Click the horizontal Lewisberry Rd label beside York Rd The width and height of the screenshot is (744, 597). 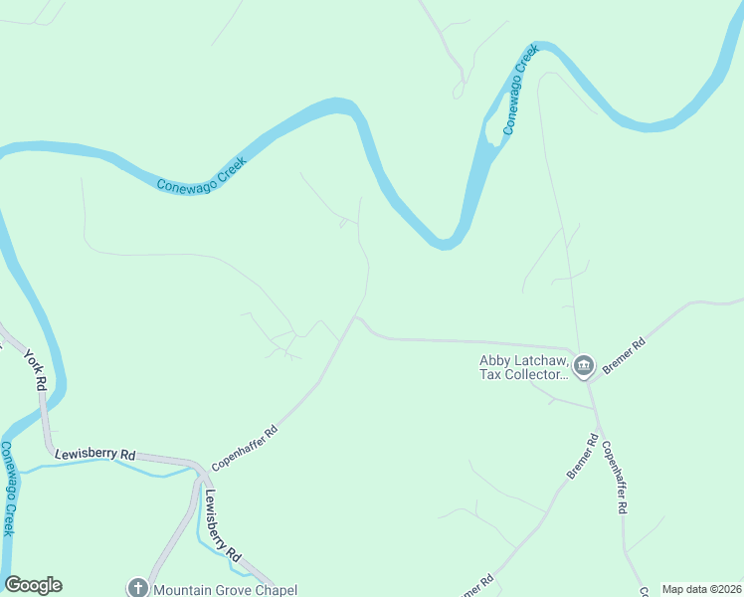click(94, 453)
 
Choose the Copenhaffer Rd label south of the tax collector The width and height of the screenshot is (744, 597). click(614, 477)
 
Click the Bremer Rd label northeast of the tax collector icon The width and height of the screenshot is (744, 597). click(625, 353)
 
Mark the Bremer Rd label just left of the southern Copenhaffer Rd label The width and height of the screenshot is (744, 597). click(584, 457)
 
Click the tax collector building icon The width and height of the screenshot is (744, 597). click(584, 366)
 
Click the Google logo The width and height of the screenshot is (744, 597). click(33, 585)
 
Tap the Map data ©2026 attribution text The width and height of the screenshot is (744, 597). click(701, 589)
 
